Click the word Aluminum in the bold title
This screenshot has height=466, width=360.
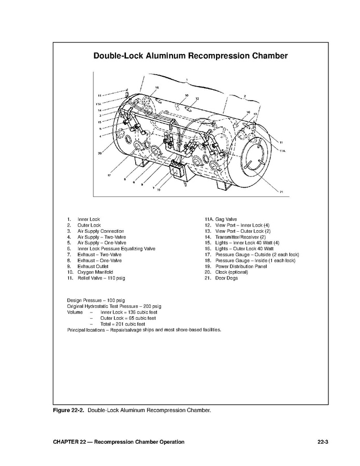click(169, 55)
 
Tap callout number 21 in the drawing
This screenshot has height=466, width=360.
click(281, 192)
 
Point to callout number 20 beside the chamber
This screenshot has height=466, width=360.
click(99, 153)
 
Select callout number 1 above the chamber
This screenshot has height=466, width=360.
click(186, 79)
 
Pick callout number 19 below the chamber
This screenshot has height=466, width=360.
click(159, 190)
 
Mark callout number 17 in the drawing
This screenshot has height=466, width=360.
click(109, 176)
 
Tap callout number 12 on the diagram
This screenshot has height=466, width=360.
click(197, 98)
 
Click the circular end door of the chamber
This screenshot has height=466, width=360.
click(254, 155)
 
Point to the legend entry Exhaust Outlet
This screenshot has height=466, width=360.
click(93, 266)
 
